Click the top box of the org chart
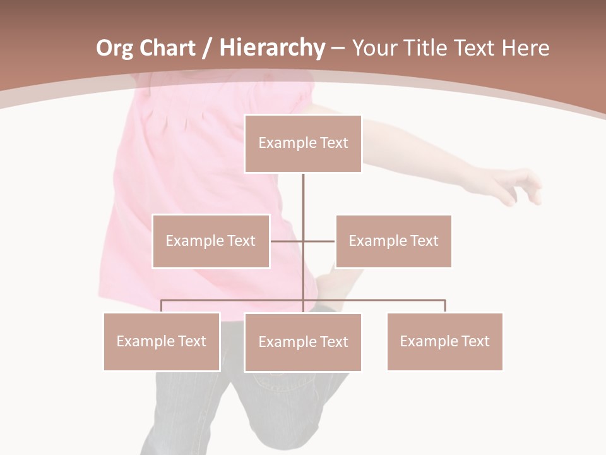[303, 143]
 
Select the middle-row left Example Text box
[211, 241]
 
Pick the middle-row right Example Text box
[393, 241]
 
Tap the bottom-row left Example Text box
[162, 341]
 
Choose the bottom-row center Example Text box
[303, 342]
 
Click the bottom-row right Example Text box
[444, 341]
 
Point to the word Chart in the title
[167, 48]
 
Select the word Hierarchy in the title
[271, 48]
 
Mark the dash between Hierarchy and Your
[338, 49]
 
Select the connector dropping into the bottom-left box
[162, 306]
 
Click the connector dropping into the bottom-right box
[444, 306]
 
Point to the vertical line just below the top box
[303, 190]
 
